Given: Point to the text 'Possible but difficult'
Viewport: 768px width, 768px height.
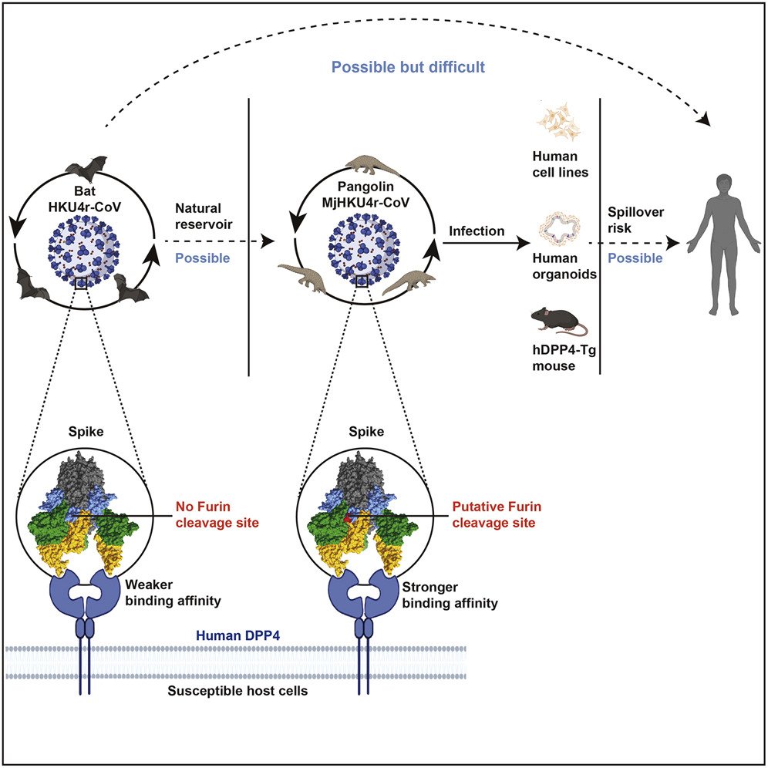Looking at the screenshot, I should coord(408,67).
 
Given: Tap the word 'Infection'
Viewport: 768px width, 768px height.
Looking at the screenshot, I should coord(477,231).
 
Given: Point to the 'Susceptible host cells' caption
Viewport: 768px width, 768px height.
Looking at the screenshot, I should coord(238,691).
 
